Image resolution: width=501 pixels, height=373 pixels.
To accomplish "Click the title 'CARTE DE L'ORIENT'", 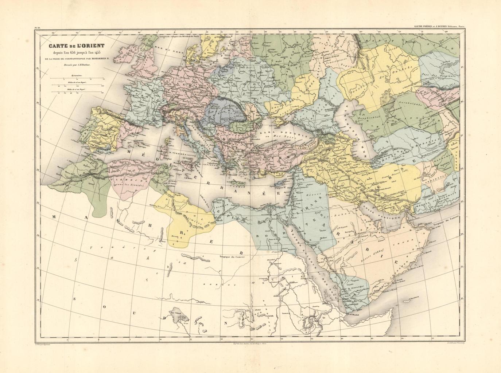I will point(73,46).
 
